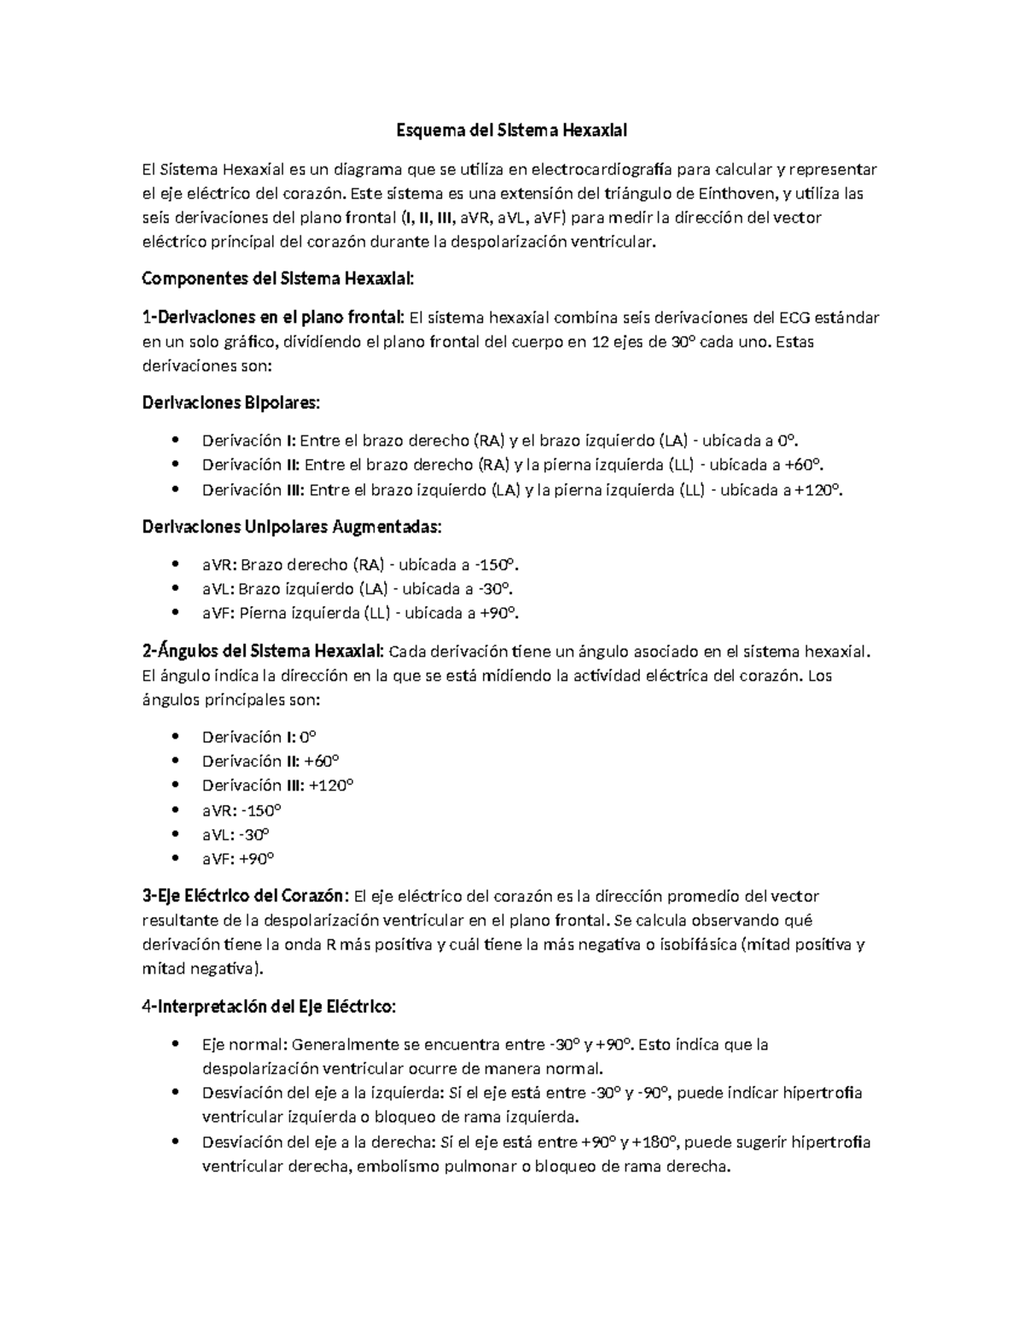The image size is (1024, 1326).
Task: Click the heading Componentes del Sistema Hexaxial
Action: point(278,279)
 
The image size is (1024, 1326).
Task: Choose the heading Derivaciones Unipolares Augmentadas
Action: point(292,527)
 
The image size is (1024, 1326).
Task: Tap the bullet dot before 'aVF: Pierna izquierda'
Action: point(175,612)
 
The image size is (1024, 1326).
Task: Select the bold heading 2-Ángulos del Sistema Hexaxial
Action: point(263,652)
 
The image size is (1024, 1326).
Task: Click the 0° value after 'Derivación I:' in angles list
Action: point(306,737)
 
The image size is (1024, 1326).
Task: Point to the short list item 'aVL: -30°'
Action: point(236,834)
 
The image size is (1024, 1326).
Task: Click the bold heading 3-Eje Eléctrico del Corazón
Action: point(245,897)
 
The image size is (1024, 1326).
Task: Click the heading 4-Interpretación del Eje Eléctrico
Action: point(269,1007)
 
